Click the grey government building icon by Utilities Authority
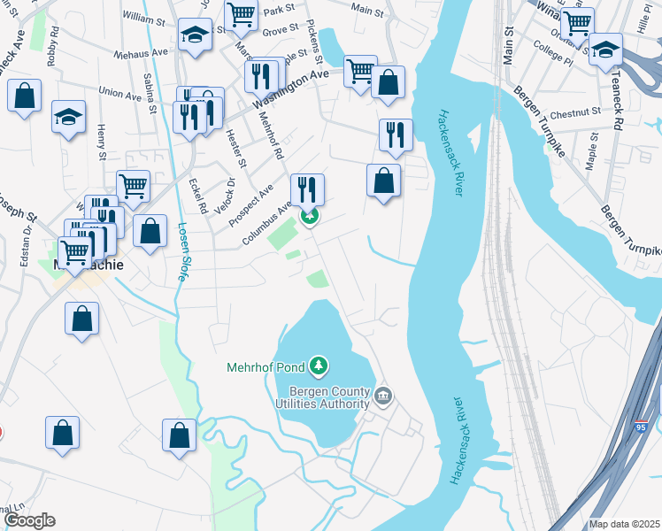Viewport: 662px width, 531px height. (382, 396)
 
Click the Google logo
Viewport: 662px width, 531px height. (28, 520)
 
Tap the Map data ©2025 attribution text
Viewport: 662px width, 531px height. (624, 524)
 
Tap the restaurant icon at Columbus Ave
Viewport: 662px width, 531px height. (308, 189)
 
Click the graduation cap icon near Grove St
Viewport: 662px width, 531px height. (195, 35)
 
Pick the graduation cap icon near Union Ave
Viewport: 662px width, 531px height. (68, 116)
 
